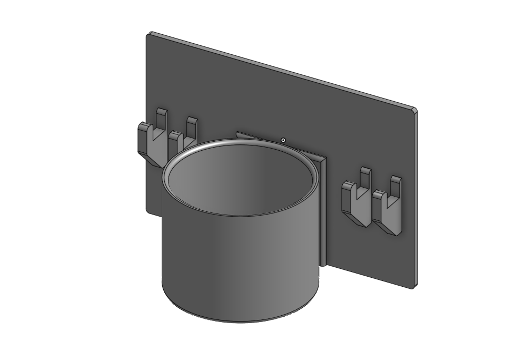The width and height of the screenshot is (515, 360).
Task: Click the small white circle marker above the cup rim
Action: pos(283,140)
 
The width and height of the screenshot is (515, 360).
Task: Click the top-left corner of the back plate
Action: pos(150,34)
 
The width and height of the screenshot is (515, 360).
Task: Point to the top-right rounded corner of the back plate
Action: pos(414,111)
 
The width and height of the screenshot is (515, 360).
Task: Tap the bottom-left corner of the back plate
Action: pos(147,211)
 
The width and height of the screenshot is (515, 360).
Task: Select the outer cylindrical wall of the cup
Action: pos(237,258)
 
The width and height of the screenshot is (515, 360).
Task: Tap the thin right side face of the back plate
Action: pos(416,200)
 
